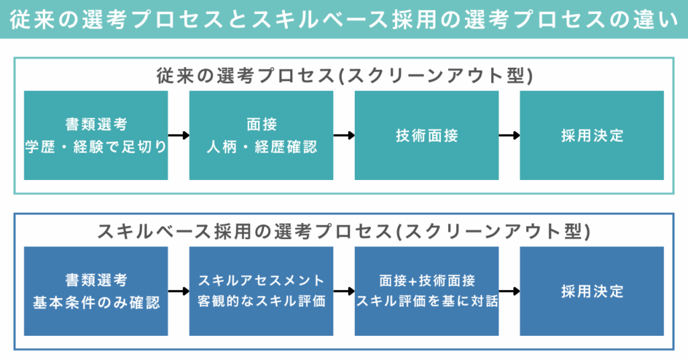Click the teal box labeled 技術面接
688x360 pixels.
[x=427, y=135]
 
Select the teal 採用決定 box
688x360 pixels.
[x=592, y=135]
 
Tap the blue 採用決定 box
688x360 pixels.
[x=592, y=291]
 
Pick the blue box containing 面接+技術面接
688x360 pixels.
[x=427, y=291]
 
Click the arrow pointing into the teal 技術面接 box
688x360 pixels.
[x=344, y=136]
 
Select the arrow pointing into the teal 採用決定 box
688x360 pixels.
[x=509, y=136]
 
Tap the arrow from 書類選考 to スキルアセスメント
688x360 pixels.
[x=179, y=291]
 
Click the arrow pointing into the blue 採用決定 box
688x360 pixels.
[x=509, y=291]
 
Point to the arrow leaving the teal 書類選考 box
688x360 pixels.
[x=179, y=136]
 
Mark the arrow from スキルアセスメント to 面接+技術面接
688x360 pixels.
[x=344, y=291]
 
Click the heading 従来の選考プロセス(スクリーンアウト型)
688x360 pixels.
[x=344, y=75]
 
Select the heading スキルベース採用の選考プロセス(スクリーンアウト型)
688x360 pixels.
[x=344, y=231]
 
